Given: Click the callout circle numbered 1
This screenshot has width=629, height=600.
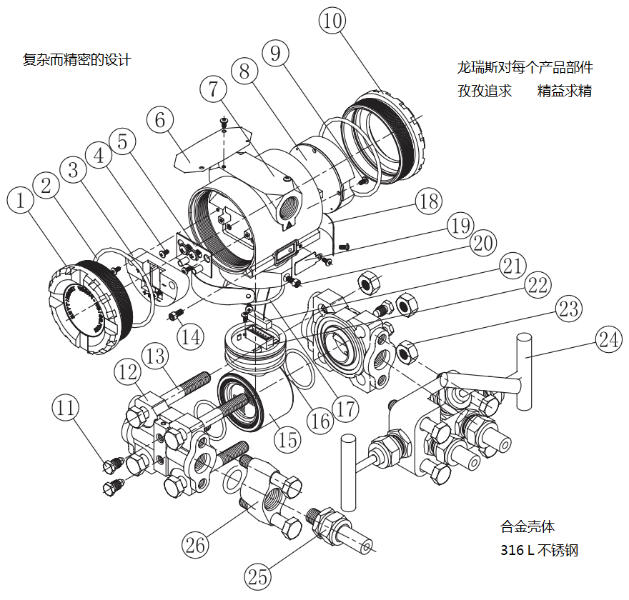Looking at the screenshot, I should pos(21,201).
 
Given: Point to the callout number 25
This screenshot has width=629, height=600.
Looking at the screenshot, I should pos(259,575).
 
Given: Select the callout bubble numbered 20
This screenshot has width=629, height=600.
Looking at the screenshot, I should pos(484,243).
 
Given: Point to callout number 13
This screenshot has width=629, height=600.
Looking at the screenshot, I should pos(157,355).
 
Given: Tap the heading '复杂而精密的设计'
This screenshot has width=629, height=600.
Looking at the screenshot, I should pos(77,60).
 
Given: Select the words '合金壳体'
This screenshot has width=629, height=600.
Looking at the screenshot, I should pos(527,527).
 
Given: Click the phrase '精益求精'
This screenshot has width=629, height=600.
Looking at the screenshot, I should pos(565,91).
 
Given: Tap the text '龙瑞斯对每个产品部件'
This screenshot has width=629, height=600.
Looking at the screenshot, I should pos(525,69).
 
